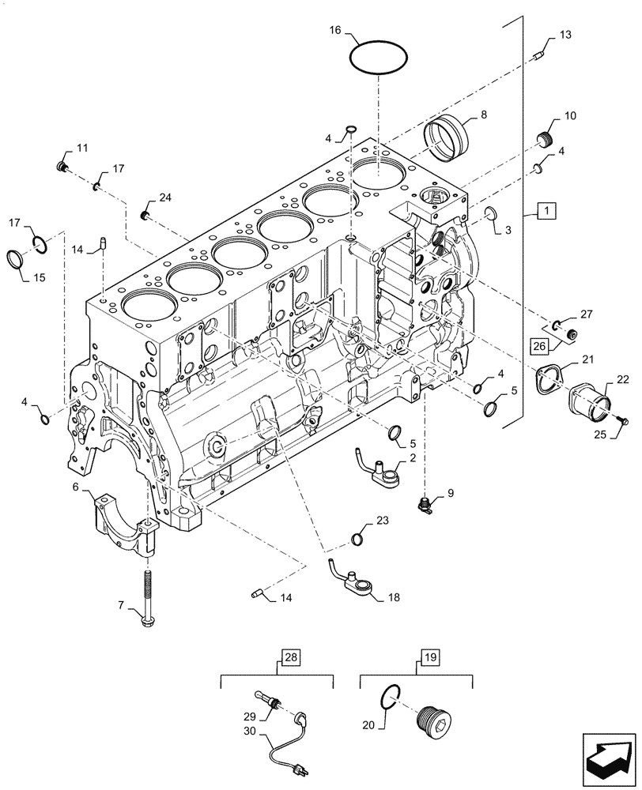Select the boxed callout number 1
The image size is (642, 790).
pos(546,210)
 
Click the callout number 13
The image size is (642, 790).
pos(565,36)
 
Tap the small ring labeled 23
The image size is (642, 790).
pos(357,540)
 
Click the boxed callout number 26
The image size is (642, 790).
pos(538,345)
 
